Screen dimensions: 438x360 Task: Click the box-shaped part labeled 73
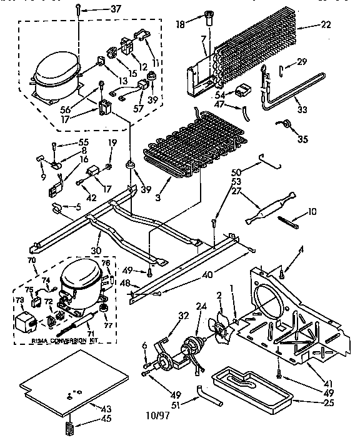tap(26, 320)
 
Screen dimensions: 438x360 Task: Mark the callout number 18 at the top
tap(181, 25)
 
